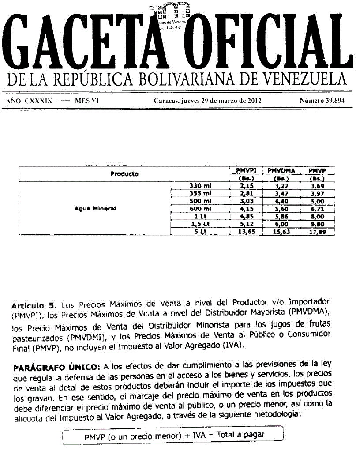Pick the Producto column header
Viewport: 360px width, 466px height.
[124, 174]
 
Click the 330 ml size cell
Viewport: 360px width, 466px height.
[201, 186]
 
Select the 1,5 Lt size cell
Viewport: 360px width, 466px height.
[201, 224]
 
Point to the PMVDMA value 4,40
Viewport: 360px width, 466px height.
[281, 201]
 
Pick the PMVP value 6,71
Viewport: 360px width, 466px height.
[317, 209]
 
